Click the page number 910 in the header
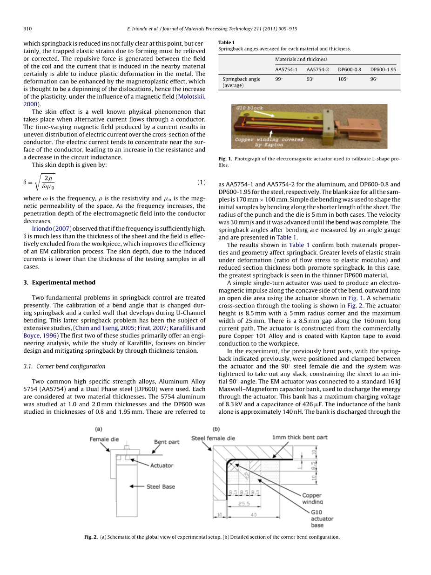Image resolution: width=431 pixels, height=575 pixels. [27, 29]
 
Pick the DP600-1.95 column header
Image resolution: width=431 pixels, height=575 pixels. [383, 69]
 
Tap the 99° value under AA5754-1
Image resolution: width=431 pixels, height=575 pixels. [279, 79]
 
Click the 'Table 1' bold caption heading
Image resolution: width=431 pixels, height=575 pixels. [227, 42]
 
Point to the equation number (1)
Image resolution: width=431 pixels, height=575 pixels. [201, 182]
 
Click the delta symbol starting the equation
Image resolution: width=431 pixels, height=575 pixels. [26, 182]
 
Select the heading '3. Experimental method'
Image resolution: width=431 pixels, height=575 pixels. [59, 282]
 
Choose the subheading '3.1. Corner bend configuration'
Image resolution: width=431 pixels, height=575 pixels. [64, 366]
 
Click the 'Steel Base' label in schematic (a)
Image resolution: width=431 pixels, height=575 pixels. [161, 486]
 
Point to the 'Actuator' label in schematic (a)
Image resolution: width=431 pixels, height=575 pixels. [162, 465]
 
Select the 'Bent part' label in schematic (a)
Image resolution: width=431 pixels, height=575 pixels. [167, 442]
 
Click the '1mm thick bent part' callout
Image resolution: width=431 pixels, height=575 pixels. [300, 437]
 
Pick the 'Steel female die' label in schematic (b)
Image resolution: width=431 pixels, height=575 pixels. [213, 438]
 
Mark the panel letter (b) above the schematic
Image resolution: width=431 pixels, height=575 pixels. [216, 429]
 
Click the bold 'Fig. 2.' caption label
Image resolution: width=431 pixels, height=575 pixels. [91, 537]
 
